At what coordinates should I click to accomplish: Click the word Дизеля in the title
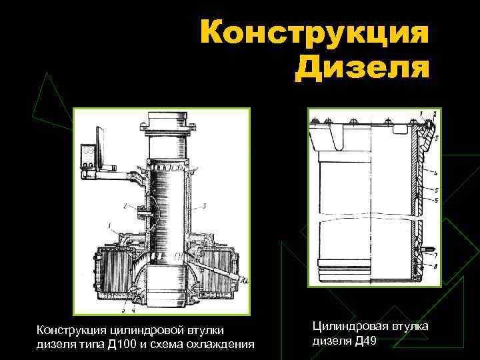click(x=363, y=67)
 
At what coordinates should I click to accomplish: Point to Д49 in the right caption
click(x=378, y=341)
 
